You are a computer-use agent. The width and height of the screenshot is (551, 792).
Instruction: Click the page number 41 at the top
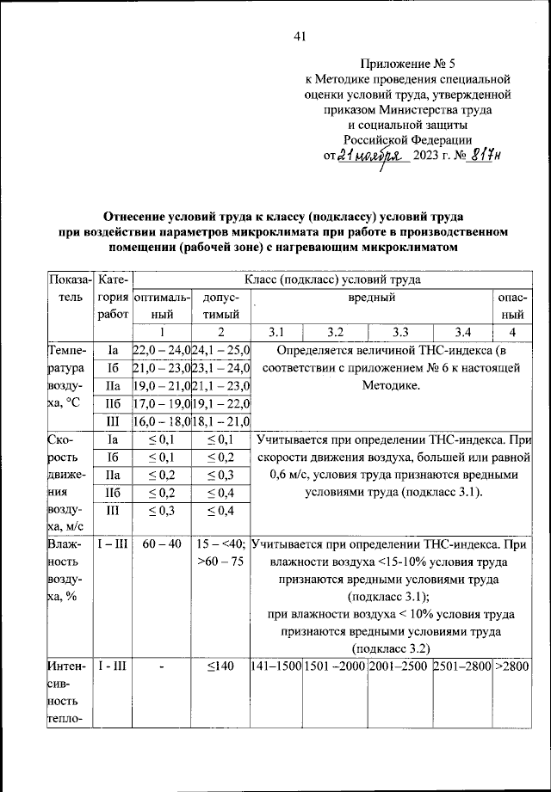tap(300, 35)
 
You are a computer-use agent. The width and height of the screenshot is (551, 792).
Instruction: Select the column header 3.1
tap(275, 332)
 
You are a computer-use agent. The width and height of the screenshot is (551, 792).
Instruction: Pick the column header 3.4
tap(461, 332)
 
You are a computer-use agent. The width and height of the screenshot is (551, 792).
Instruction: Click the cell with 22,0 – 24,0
tap(161, 351)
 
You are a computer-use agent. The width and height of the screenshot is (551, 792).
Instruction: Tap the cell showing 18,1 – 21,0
tap(220, 421)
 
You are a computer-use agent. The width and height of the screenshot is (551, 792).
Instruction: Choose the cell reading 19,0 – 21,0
tap(161, 386)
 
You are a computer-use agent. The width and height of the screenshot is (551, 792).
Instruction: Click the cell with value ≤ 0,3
tap(161, 510)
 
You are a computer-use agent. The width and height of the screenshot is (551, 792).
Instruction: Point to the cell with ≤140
tap(220, 666)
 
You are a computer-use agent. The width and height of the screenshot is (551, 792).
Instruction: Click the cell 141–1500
tap(275, 666)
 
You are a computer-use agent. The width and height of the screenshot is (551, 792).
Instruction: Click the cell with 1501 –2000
tap(335, 666)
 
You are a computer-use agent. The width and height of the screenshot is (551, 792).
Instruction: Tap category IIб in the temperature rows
tap(111, 403)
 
